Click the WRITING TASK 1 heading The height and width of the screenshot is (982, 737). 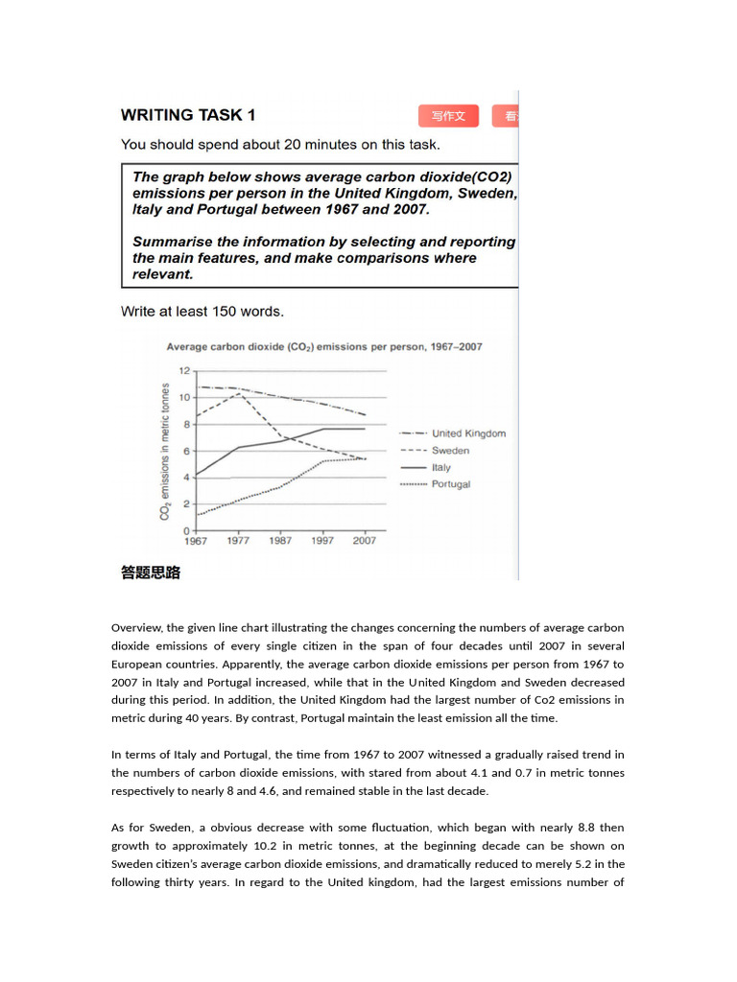(x=188, y=115)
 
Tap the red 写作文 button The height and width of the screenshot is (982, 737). (x=448, y=116)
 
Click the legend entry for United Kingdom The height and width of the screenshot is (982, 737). (x=468, y=433)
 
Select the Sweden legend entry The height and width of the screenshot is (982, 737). (x=450, y=451)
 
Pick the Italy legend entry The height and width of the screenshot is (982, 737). (x=440, y=468)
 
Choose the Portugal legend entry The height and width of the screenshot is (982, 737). (x=451, y=484)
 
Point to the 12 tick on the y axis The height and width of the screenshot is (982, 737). (x=183, y=370)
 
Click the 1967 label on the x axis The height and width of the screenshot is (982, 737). (x=195, y=541)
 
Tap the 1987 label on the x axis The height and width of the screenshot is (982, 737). (x=280, y=541)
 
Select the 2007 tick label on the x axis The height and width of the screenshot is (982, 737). (x=365, y=541)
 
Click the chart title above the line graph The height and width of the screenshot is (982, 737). (x=324, y=347)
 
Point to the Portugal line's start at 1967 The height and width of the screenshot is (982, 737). (x=197, y=515)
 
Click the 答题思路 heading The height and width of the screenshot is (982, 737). (x=151, y=573)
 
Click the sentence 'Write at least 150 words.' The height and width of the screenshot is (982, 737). (x=202, y=312)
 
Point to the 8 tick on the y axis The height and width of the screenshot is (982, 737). (x=184, y=424)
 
